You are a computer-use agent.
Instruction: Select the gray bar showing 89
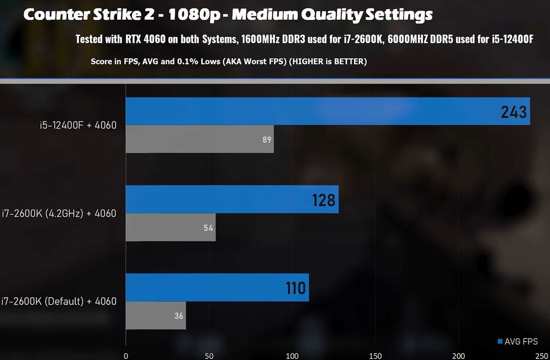(200, 139)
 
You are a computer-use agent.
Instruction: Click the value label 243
(514, 112)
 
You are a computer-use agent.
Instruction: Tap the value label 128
(323, 200)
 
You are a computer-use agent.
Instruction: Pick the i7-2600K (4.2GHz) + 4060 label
(59, 213)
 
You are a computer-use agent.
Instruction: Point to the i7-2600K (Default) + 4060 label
(59, 301)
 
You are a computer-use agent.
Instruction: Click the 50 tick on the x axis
(209, 356)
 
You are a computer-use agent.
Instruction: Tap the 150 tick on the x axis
(376, 356)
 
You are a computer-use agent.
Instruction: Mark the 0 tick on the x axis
(127, 356)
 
